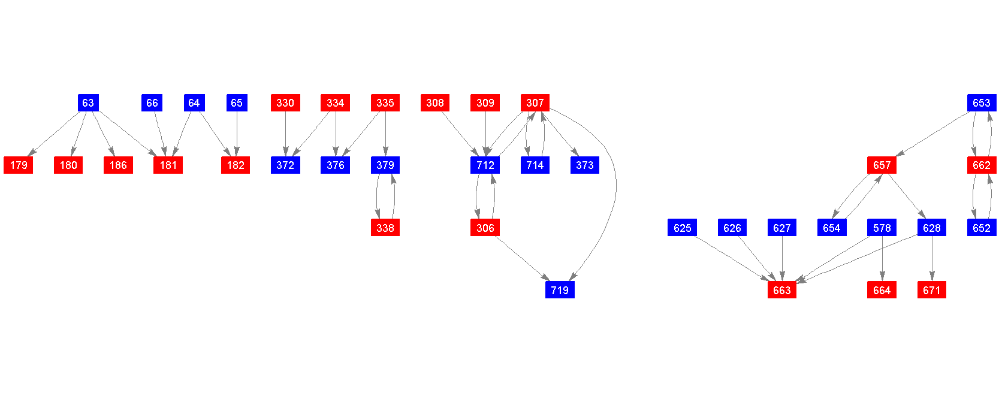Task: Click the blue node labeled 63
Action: click(x=88, y=103)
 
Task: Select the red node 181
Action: click(x=168, y=165)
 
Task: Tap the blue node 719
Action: click(x=560, y=290)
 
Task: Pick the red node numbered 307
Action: click(x=535, y=103)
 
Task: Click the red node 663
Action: click(x=782, y=290)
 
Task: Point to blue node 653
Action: click(x=982, y=103)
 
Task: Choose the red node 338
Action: click(x=385, y=228)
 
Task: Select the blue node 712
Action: click(x=485, y=165)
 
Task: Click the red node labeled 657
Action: click(x=882, y=165)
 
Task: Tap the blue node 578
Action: click(x=882, y=228)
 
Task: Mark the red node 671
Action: click(x=932, y=290)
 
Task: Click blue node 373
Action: click(x=585, y=165)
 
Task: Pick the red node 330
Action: click(x=285, y=103)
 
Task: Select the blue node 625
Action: click(x=682, y=228)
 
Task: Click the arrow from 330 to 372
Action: click(x=285, y=134)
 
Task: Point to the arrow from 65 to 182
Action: click(x=237, y=134)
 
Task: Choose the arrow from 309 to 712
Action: click(x=485, y=134)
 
